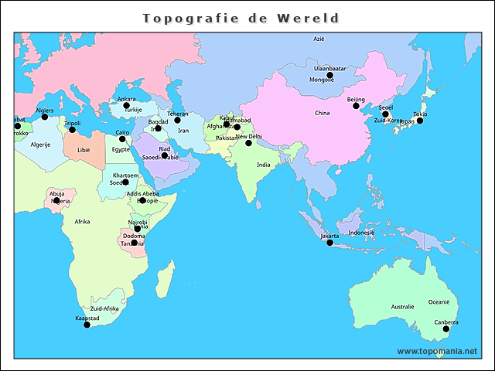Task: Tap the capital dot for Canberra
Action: (x=445, y=329)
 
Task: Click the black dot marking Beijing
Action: (x=356, y=106)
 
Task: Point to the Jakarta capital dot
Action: (x=329, y=243)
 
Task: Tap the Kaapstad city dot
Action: (x=87, y=325)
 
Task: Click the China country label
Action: (x=322, y=114)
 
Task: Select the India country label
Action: (x=264, y=165)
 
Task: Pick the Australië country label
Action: (x=402, y=307)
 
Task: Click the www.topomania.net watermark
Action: (x=437, y=351)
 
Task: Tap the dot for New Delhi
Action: (x=248, y=143)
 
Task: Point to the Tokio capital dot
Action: (x=420, y=121)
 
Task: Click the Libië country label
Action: (x=83, y=150)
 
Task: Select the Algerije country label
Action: (x=40, y=145)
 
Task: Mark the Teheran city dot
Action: (x=177, y=120)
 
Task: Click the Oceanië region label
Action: (x=439, y=302)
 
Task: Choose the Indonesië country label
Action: (x=361, y=232)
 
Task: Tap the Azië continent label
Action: (x=319, y=38)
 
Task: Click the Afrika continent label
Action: (x=82, y=222)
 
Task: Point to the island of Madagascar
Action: (x=164, y=276)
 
